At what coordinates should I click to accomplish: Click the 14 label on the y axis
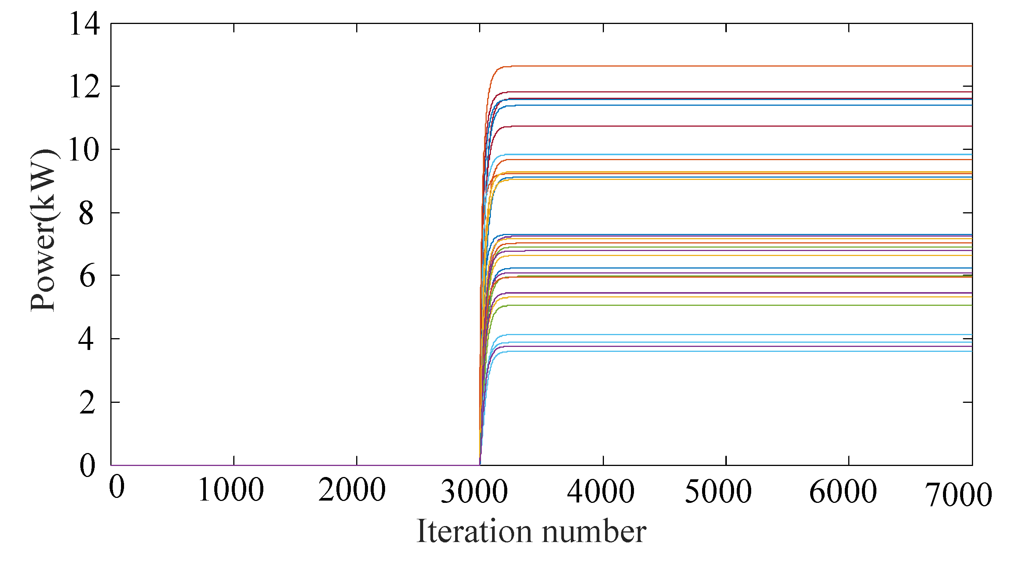[84, 24]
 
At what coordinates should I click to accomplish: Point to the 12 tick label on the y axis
[84, 87]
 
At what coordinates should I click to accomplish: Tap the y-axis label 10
[83, 150]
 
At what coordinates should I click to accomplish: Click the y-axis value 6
[87, 277]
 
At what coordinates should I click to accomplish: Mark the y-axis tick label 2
[87, 403]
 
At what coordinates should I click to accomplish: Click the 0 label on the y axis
[87, 466]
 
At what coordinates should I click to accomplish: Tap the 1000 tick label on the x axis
[231, 491]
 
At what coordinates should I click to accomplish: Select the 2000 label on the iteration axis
[352, 491]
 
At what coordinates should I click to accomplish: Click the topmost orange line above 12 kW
[708, 66]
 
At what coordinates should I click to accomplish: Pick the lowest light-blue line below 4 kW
[708, 351]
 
